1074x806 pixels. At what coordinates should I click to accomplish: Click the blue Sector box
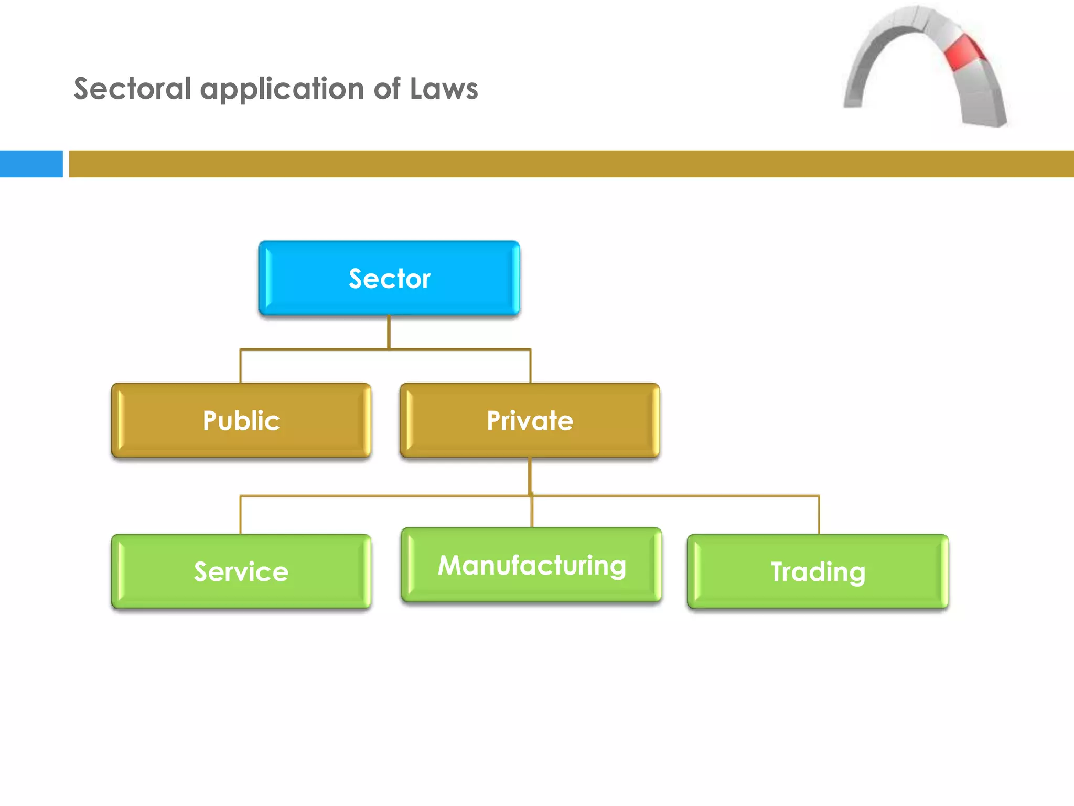point(389,278)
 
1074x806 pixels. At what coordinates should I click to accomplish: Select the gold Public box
point(241,420)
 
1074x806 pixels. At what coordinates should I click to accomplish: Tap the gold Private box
point(530,420)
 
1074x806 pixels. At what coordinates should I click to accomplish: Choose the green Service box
point(241,571)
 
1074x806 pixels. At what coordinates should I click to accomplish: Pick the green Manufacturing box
point(531,565)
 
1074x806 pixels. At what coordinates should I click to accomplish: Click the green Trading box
point(818,571)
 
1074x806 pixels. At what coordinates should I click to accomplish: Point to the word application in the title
point(282,89)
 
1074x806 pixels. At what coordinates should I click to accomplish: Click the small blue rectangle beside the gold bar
point(31,164)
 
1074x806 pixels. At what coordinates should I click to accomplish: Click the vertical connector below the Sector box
point(389,332)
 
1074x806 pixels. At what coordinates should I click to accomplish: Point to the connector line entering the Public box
point(241,366)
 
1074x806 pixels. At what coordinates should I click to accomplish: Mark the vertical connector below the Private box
point(530,475)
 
